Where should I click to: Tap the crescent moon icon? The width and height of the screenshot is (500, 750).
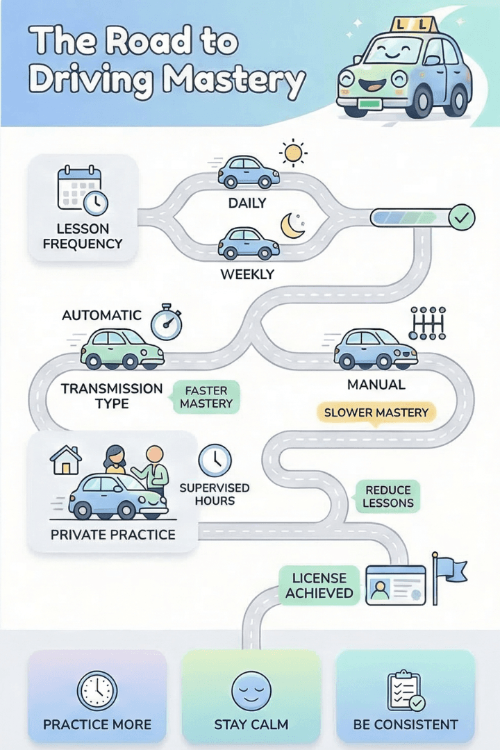pyautogui.click(x=294, y=226)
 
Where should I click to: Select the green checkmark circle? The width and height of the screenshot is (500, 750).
pyautogui.click(x=462, y=218)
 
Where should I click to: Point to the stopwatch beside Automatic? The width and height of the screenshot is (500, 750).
pyautogui.click(x=166, y=322)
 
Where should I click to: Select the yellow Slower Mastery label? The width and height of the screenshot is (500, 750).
pyautogui.click(x=377, y=412)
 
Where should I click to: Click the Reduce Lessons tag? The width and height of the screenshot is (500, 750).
pyautogui.click(x=389, y=496)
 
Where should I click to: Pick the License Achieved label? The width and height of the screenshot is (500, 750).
pyautogui.click(x=319, y=585)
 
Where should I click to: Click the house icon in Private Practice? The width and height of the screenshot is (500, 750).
pyautogui.click(x=66, y=460)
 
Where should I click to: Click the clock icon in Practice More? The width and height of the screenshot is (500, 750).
pyautogui.click(x=97, y=691)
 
